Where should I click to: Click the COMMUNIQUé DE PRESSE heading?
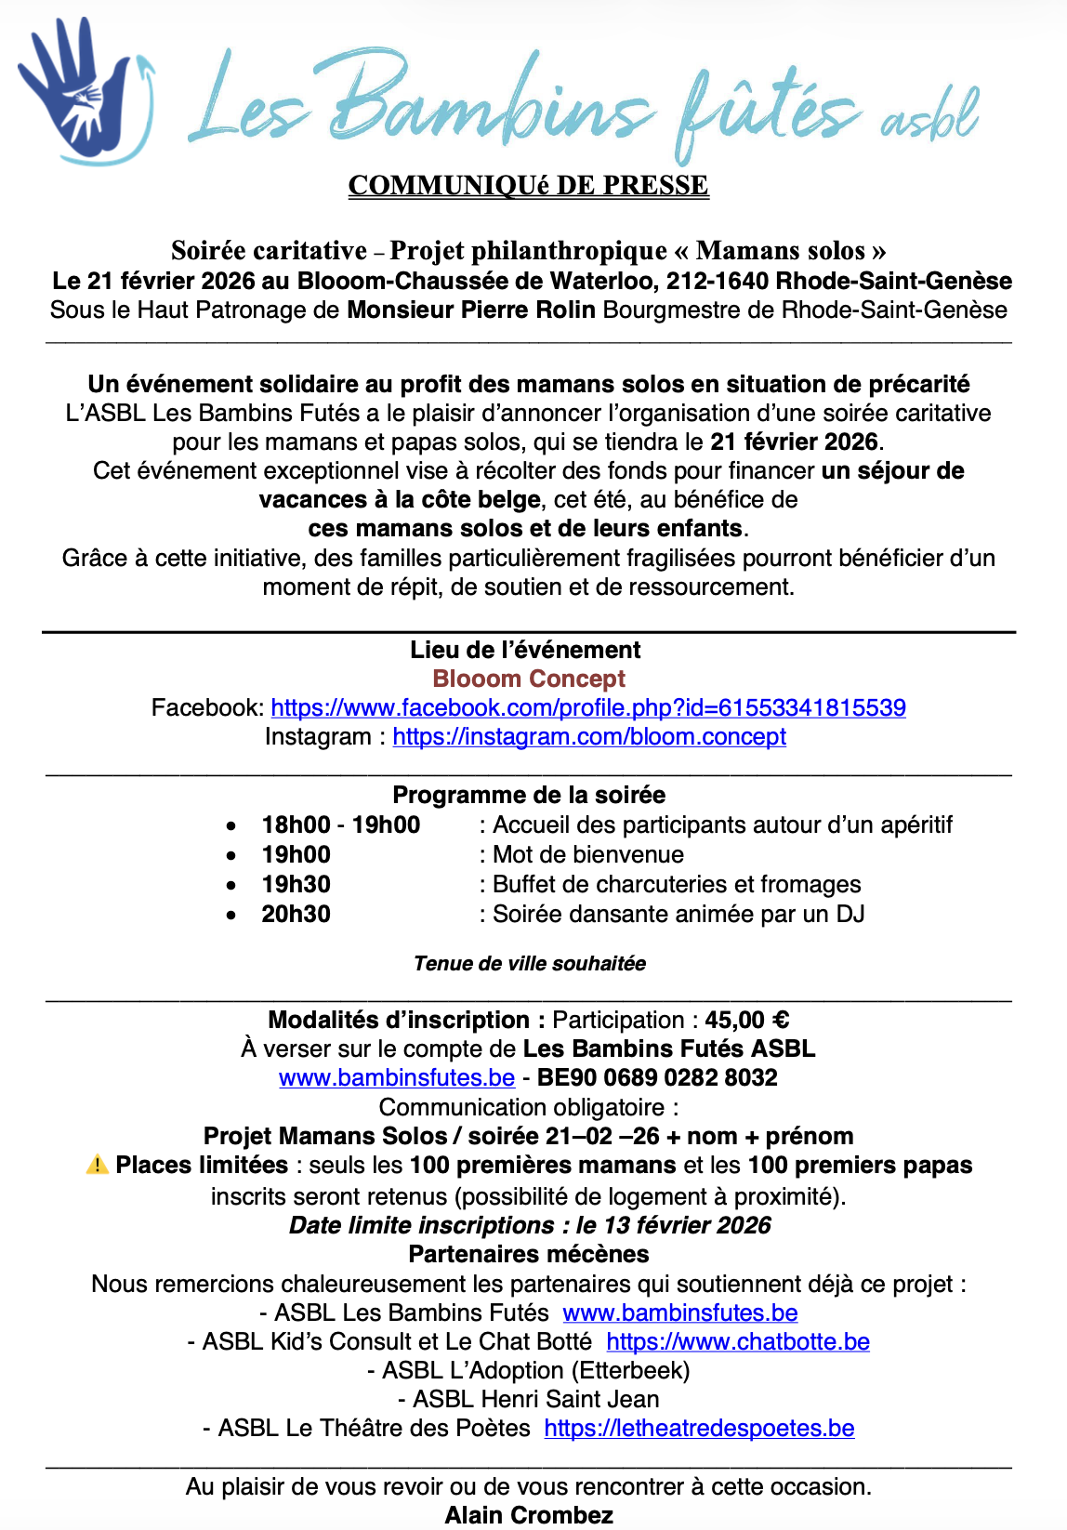click(528, 186)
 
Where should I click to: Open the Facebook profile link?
click(587, 708)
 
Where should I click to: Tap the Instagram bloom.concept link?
click(589, 737)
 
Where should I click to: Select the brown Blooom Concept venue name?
click(529, 679)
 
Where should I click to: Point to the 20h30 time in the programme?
click(296, 915)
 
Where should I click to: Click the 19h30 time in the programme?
click(296, 885)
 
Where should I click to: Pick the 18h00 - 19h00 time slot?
click(340, 825)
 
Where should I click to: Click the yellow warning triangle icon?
click(97, 1165)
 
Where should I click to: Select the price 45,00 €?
click(747, 1021)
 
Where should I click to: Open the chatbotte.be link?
click(738, 1342)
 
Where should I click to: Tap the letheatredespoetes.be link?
click(699, 1429)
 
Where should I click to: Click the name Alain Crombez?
click(529, 1516)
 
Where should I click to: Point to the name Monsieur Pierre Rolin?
click(471, 310)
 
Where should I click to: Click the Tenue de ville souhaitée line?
click(530, 964)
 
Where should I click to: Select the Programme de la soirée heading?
click(529, 796)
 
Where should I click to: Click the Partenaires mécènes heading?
click(529, 1255)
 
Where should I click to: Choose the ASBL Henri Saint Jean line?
click(528, 1400)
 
